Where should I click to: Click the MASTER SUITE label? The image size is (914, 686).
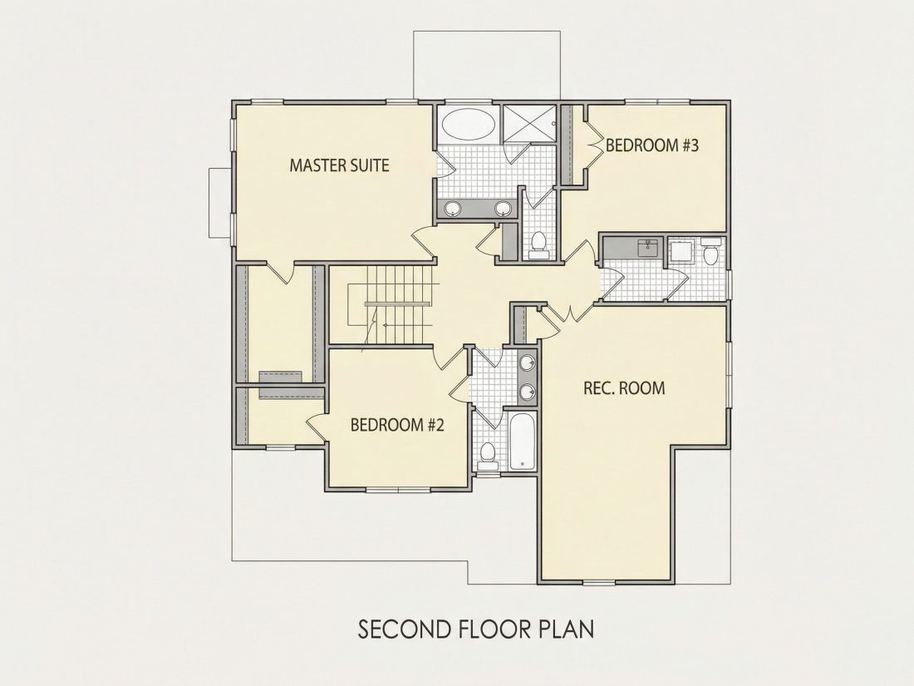[339, 165]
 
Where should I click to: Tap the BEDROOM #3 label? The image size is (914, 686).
[652, 146]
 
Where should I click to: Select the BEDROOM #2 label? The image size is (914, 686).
[397, 425]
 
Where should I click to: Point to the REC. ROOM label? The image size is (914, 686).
[624, 388]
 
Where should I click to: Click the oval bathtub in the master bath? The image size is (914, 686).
[469, 124]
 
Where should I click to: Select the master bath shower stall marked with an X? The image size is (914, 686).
[529, 123]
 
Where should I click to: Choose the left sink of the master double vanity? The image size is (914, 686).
[452, 208]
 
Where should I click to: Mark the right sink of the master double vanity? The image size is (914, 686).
[503, 208]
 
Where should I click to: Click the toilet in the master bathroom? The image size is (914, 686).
[538, 244]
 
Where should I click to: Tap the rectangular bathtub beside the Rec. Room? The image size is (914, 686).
[522, 441]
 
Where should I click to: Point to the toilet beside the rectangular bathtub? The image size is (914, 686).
[487, 456]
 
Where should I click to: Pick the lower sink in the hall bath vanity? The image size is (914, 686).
[528, 392]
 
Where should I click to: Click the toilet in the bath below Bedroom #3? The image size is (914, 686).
[710, 251]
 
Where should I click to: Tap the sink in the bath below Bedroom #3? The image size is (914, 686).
[647, 247]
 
